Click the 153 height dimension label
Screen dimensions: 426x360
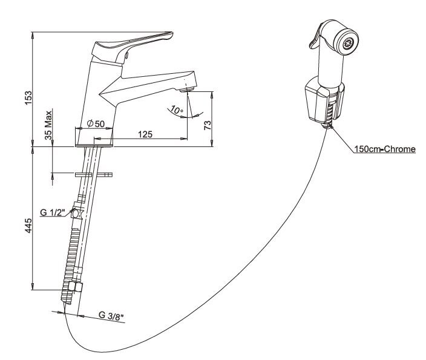28,99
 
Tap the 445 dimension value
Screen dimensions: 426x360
28,226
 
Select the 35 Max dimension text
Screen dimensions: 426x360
48,125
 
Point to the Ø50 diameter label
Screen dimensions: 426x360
96,123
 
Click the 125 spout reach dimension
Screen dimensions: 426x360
145,134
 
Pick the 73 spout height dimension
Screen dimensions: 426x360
208,125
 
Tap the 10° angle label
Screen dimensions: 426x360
177,110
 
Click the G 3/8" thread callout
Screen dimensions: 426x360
111,316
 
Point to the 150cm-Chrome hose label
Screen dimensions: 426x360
385,149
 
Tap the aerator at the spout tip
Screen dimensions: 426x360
188,89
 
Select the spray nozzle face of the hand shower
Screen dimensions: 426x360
346,42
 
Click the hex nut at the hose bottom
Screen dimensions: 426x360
75,287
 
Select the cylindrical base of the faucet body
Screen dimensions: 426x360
94,137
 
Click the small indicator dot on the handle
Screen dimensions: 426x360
126,55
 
